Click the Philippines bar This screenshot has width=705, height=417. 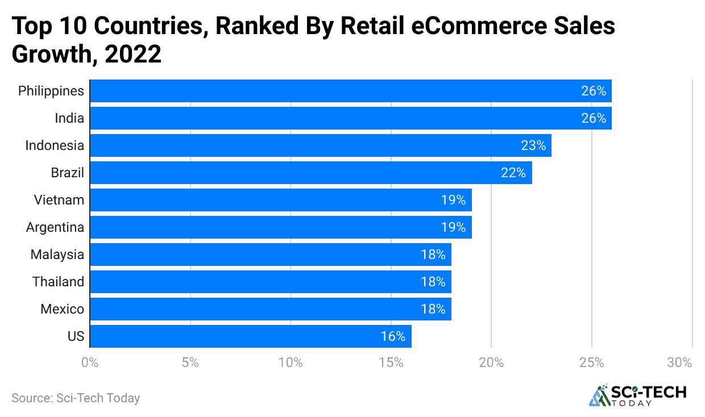(x=350, y=91)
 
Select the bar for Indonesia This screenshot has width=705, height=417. (x=320, y=145)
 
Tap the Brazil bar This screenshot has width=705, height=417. (x=310, y=173)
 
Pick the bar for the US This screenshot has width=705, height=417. (x=250, y=336)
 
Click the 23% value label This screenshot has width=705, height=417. (x=533, y=145)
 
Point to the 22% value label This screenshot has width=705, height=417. (x=513, y=173)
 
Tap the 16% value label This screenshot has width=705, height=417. (x=393, y=336)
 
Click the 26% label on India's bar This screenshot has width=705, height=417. (x=594, y=118)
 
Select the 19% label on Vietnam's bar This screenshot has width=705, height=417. (x=453, y=200)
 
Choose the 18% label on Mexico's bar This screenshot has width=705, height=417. (x=433, y=309)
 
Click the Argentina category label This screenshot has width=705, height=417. (x=55, y=227)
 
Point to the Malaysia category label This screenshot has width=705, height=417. (x=57, y=255)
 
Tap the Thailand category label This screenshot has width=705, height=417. (x=58, y=282)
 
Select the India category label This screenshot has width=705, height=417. (x=70, y=118)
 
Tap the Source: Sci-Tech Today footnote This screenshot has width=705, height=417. (x=76, y=398)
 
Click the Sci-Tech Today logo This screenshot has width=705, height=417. (x=637, y=395)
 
